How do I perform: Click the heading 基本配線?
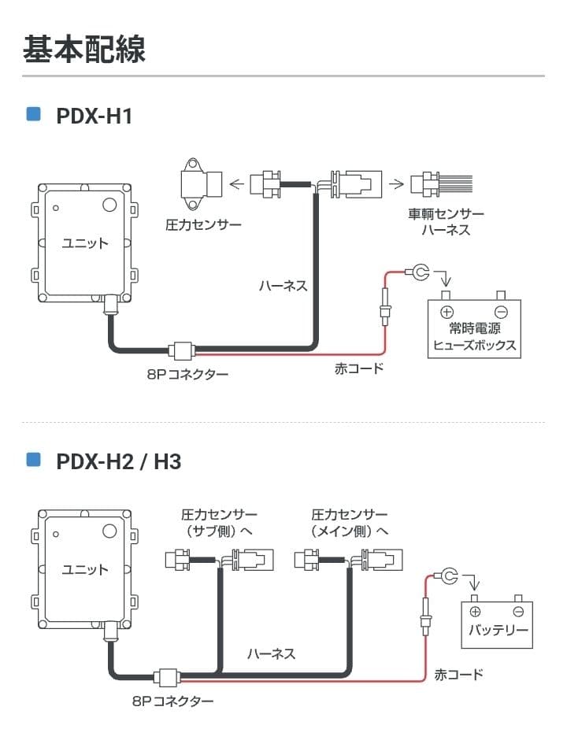click(83, 49)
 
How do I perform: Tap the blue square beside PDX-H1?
click(33, 114)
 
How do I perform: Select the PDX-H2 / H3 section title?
click(118, 461)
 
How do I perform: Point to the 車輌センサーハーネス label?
click(446, 222)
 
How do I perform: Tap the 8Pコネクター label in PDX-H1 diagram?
click(187, 375)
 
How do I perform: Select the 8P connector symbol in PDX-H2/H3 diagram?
click(168, 675)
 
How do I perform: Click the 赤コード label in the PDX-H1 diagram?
click(359, 368)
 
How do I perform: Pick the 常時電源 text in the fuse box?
click(475, 328)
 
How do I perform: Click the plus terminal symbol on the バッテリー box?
click(475, 611)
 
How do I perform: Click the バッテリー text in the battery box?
click(498, 631)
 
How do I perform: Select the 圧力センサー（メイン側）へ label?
click(350, 523)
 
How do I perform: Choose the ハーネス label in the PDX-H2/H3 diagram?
click(271, 653)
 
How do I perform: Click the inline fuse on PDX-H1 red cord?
click(385, 305)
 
